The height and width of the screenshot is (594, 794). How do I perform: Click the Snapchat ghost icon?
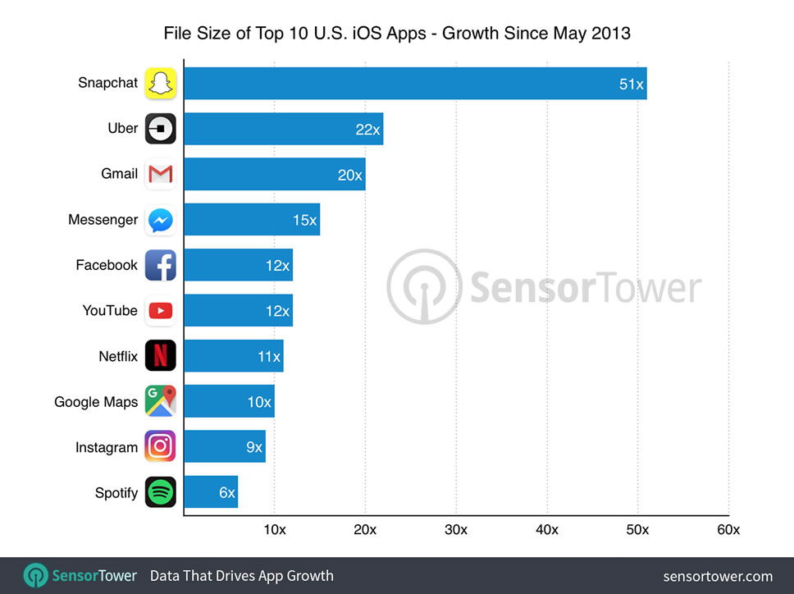click(x=161, y=83)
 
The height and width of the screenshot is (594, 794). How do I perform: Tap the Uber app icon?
click(x=161, y=129)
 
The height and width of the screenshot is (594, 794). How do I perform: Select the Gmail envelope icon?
click(x=161, y=174)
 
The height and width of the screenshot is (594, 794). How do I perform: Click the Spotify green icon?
click(x=161, y=493)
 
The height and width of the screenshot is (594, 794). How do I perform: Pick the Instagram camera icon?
click(x=161, y=447)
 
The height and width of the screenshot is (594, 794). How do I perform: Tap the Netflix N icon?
click(x=161, y=356)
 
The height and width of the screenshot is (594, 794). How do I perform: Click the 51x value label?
click(x=631, y=84)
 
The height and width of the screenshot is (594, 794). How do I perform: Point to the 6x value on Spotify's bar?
click(x=226, y=493)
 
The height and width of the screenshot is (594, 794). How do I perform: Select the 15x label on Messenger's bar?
click(x=303, y=220)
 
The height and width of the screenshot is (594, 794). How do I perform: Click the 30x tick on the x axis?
click(x=456, y=530)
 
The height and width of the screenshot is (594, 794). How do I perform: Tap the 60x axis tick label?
click(x=728, y=530)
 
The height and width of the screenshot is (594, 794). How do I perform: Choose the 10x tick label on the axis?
click(x=274, y=530)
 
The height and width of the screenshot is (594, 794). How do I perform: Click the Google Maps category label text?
click(x=96, y=402)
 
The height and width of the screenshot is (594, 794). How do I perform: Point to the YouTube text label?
click(x=110, y=311)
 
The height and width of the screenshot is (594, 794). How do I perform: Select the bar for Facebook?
click(x=238, y=265)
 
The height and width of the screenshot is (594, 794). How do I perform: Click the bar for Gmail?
click(x=274, y=174)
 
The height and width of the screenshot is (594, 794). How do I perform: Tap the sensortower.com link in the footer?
click(x=718, y=576)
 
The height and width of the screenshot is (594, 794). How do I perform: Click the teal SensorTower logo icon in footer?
click(x=35, y=576)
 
